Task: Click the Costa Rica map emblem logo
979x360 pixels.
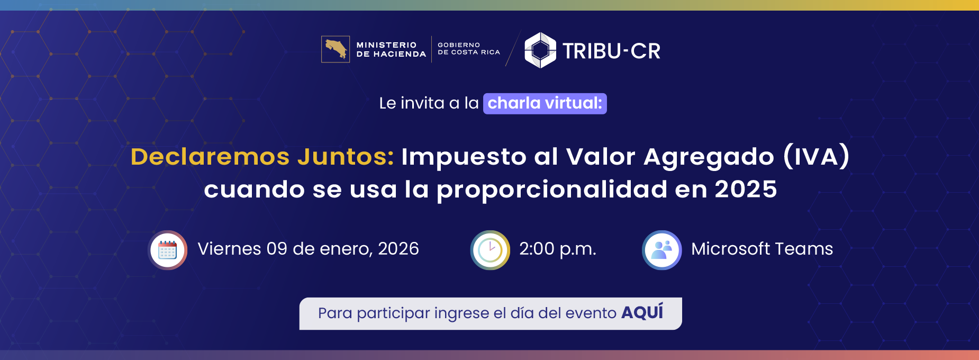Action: click(336, 49)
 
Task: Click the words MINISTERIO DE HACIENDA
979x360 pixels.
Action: click(391, 50)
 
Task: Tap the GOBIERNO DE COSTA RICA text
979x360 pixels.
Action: click(468, 49)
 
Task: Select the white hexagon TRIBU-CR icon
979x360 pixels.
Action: click(540, 50)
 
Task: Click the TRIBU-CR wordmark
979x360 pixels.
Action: click(611, 51)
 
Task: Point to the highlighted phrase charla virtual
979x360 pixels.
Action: click(545, 103)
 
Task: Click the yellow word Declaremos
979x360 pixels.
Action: click(210, 157)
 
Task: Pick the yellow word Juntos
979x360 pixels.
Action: click(345, 157)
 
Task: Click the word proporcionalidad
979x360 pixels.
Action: click(551, 190)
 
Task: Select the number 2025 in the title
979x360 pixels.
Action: click(746, 190)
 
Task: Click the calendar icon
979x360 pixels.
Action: click(168, 250)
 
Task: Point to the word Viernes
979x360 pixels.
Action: click(229, 249)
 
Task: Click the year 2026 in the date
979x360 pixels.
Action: click(398, 249)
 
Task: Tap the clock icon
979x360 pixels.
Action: click(490, 250)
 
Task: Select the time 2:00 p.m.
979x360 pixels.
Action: click(557, 249)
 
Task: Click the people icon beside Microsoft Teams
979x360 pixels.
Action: click(661, 250)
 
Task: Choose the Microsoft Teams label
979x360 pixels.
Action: click(762, 249)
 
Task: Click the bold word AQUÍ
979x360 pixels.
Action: click(642, 312)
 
